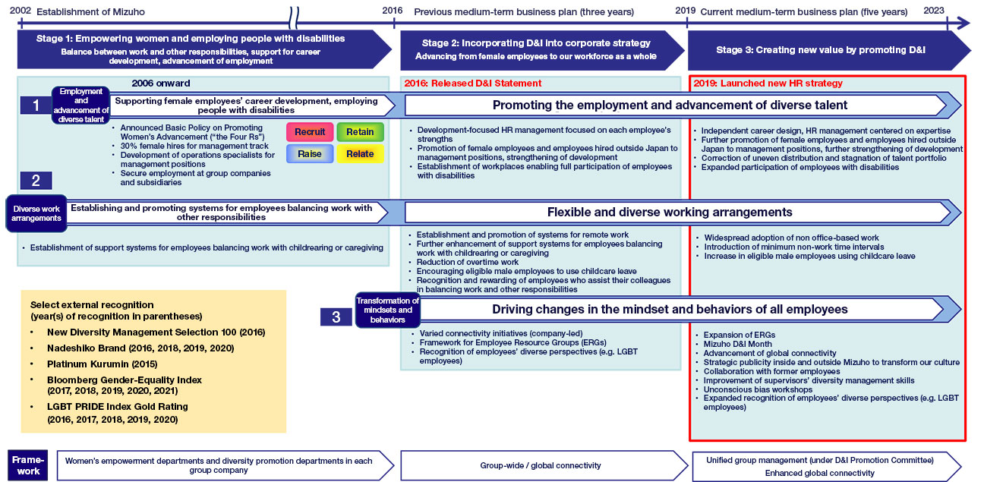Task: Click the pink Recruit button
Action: click(x=310, y=132)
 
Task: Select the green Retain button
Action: click(x=360, y=132)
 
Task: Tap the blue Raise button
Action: click(x=310, y=154)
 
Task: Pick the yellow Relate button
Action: click(x=360, y=154)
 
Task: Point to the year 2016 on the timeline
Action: click(x=393, y=11)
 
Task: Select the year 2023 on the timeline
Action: click(x=934, y=11)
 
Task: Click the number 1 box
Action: click(x=36, y=105)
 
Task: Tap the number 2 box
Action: click(x=36, y=181)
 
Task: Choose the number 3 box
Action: click(x=336, y=317)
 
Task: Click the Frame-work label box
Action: click(x=28, y=465)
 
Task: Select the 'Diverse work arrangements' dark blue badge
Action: click(x=36, y=213)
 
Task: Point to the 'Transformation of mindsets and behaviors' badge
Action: click(x=387, y=310)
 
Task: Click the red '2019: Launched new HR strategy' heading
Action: click(x=768, y=83)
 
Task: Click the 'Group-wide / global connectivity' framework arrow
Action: click(x=541, y=465)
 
